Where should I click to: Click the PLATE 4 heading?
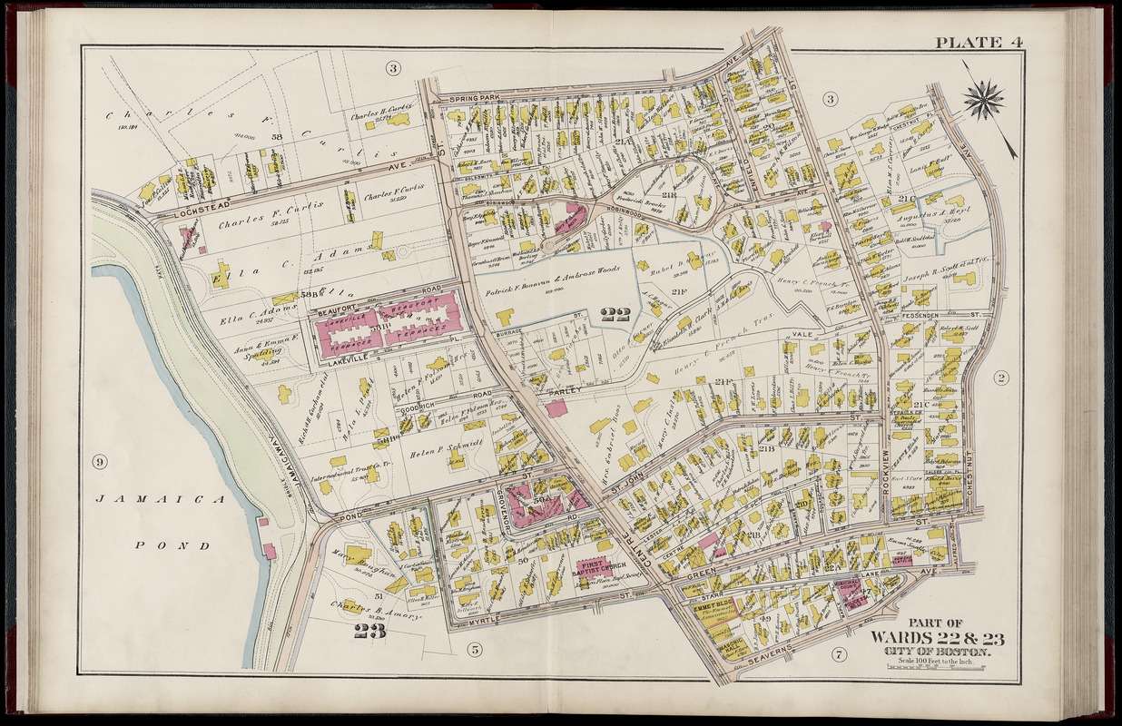(969, 43)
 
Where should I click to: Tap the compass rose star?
(983, 100)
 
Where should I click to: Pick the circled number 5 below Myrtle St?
(474, 649)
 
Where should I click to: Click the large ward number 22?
(615, 315)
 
